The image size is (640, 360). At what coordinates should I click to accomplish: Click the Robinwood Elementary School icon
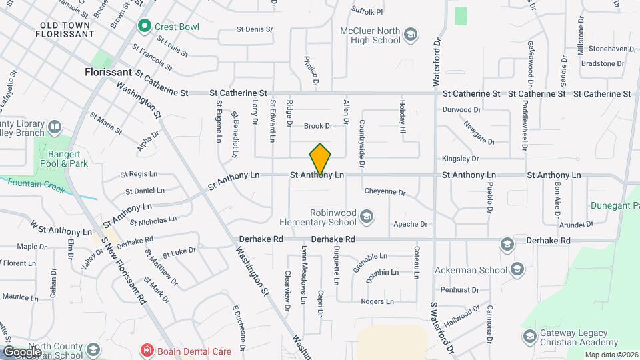(x=366, y=215)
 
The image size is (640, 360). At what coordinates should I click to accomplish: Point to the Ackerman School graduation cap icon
(x=518, y=270)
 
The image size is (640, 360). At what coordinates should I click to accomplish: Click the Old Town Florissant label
(x=66, y=29)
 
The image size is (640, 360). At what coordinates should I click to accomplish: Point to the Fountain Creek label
(x=37, y=189)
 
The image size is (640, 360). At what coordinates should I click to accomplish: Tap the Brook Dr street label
(x=318, y=126)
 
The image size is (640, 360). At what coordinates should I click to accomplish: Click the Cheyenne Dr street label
(x=385, y=192)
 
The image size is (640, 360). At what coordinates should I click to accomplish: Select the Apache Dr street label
(x=410, y=224)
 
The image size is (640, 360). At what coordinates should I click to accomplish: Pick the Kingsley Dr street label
(x=460, y=159)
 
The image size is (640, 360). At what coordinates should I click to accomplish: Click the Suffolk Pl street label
(x=367, y=11)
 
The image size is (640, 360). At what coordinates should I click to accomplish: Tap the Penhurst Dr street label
(x=457, y=290)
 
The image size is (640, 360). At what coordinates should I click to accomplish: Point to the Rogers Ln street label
(x=377, y=301)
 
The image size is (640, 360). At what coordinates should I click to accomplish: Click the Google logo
(x=22, y=351)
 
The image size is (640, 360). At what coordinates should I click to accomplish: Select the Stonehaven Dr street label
(x=599, y=49)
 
